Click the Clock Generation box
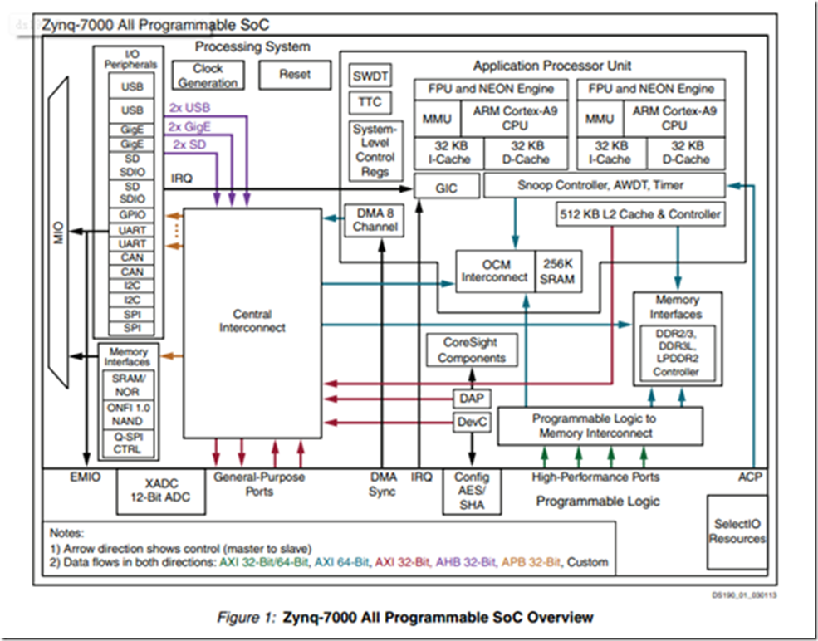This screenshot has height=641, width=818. [208, 76]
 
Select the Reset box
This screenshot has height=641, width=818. [294, 75]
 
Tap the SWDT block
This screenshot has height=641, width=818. [370, 76]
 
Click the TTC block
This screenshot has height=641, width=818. [370, 102]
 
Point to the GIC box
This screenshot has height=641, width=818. [446, 188]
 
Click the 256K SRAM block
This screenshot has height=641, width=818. [556, 271]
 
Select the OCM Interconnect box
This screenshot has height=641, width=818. [494, 271]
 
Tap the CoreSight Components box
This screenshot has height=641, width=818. [472, 350]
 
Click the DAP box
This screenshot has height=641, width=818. [471, 399]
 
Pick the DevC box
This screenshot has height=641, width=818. [472, 423]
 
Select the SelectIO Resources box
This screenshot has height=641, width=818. [737, 531]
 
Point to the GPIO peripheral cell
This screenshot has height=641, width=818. [132, 213]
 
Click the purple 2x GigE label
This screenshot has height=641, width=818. [190, 126]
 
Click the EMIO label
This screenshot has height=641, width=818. [86, 477]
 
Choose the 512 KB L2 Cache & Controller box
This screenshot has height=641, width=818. [639, 214]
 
